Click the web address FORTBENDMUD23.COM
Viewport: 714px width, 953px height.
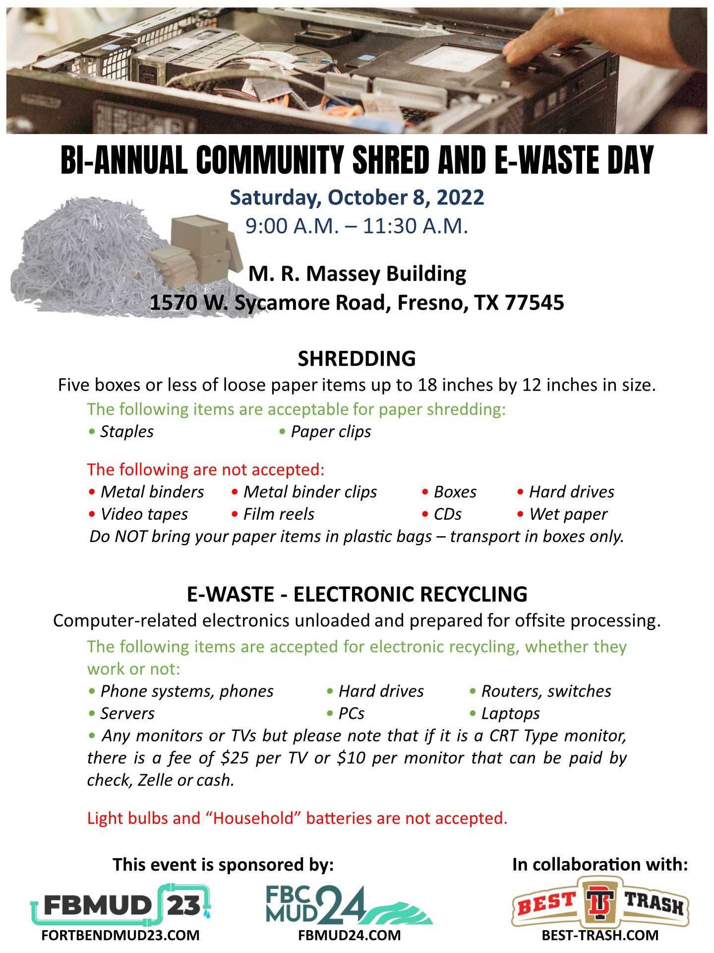[121, 935]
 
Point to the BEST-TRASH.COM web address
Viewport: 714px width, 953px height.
[600, 935]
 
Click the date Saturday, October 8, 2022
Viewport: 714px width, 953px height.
[357, 198]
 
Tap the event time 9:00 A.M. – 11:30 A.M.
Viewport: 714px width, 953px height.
[357, 226]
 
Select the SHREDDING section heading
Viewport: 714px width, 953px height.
[357, 358]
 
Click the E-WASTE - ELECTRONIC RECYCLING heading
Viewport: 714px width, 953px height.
[357, 594]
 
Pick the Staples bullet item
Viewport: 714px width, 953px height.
[127, 432]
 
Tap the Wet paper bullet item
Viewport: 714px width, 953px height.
[568, 514]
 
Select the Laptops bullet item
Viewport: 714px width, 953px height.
[510, 714]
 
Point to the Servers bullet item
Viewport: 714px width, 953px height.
[127, 714]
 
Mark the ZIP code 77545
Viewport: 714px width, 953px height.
[534, 303]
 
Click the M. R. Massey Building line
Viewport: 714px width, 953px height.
[357, 273]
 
